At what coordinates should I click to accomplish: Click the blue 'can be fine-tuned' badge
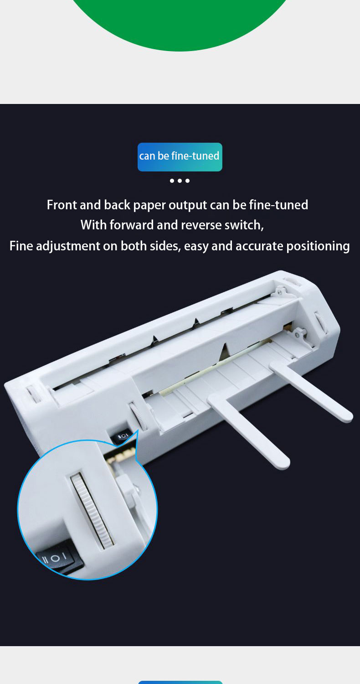[x=180, y=157]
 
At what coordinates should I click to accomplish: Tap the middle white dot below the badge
[x=180, y=181]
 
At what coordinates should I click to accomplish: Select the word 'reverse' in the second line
[x=201, y=225]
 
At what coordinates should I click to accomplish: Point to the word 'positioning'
[x=318, y=247]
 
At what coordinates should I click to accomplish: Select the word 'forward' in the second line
[x=131, y=225]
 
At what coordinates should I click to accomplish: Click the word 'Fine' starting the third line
[x=21, y=246]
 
